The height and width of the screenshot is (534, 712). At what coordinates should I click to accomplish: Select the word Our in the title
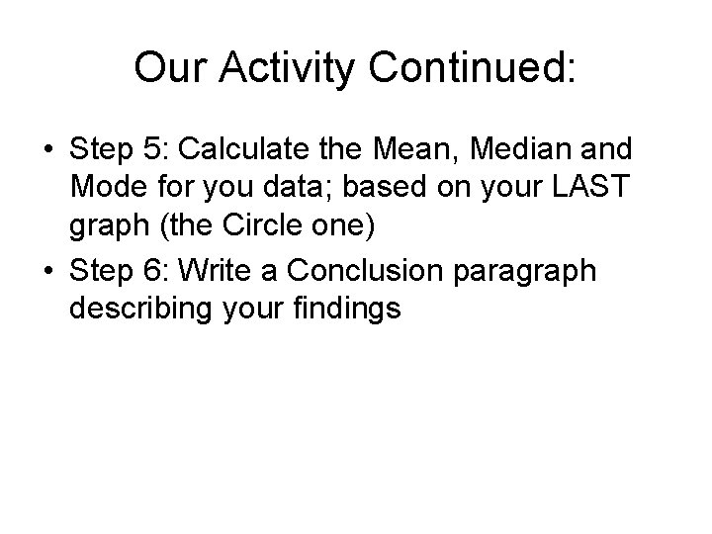pos(165,68)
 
